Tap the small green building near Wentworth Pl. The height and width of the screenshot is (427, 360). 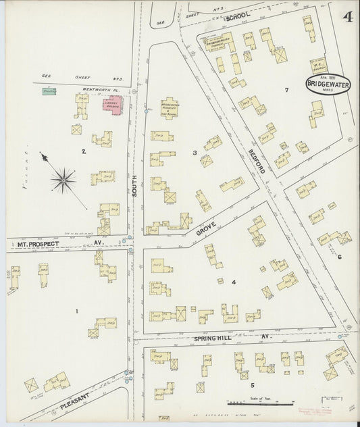coord(49,90)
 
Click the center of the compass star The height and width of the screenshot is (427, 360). coord(63,179)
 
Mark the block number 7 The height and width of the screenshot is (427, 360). coord(286,90)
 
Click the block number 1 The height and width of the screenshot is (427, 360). coord(77,311)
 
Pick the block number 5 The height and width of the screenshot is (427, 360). coord(252,385)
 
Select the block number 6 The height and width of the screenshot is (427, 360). coord(340,257)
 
